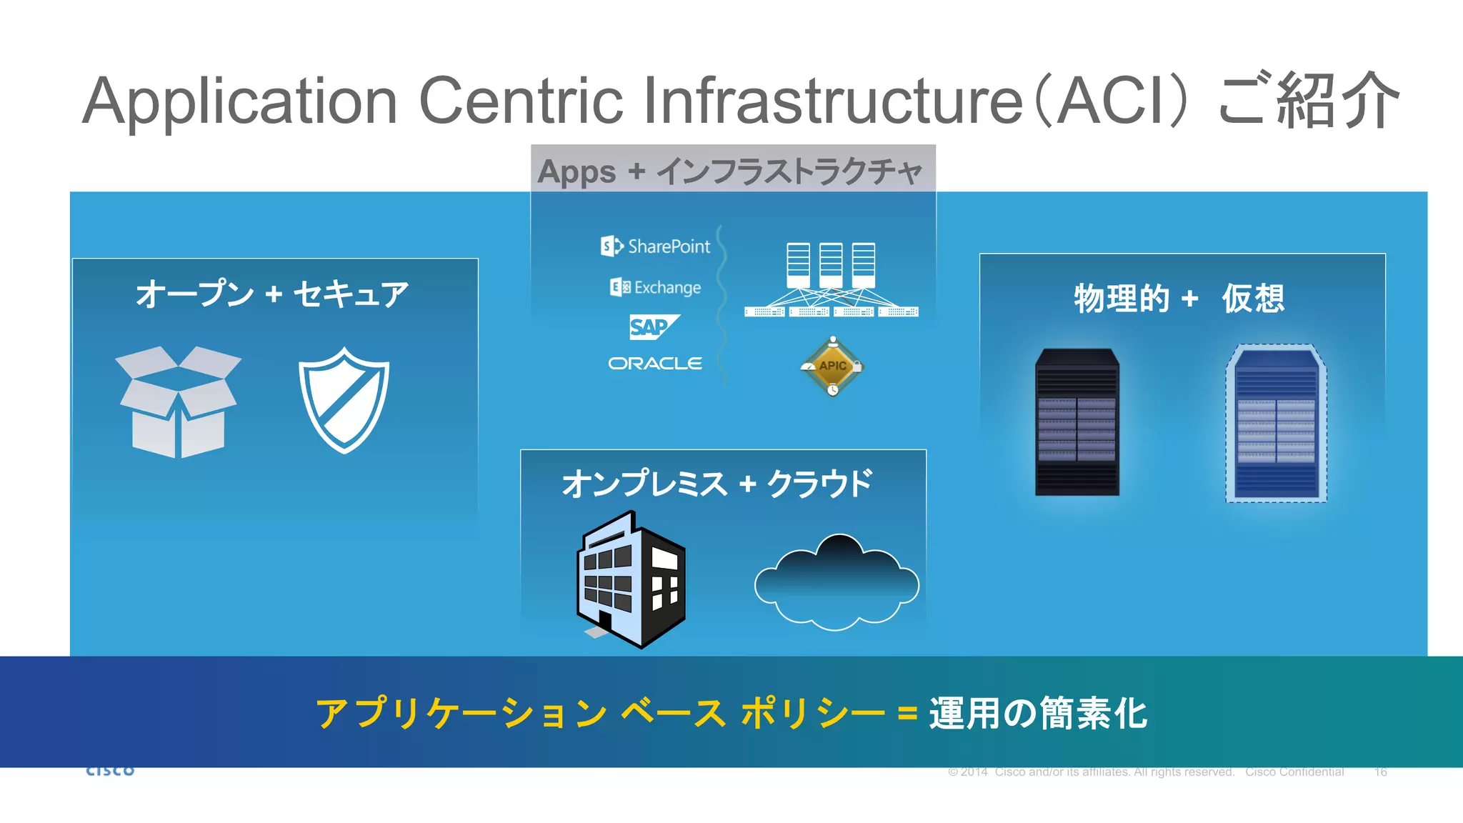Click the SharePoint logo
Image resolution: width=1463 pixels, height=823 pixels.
655,246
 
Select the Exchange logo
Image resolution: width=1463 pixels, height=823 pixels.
655,287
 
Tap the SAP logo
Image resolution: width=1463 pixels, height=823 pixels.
653,326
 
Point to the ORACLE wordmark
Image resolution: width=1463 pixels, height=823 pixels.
655,364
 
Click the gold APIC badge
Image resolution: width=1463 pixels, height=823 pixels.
832,366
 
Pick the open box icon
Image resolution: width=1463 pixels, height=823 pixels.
178,401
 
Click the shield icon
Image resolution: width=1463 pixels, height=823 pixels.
344,400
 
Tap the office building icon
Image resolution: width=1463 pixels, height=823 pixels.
630,579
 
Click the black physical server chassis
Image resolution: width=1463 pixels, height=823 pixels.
1077,422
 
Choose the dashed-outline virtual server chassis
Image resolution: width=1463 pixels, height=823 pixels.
1276,424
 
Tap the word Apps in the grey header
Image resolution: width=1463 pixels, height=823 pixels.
576,172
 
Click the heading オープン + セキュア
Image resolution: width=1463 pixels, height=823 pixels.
272,294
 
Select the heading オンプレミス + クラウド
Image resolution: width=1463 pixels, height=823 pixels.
717,484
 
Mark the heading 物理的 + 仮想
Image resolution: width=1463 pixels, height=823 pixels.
1179,299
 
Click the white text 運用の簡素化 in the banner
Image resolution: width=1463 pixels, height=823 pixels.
1038,714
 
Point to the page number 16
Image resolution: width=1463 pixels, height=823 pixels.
1380,772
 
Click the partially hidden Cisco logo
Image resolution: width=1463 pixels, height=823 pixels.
110,771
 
